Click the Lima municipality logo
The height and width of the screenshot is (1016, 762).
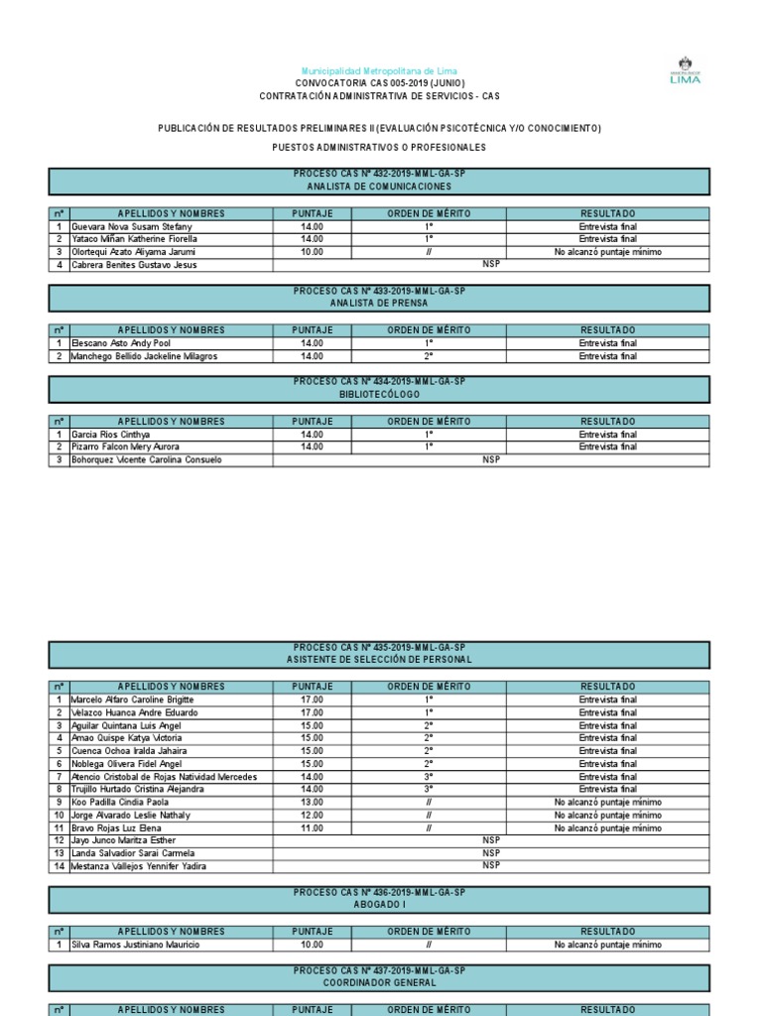[685, 70]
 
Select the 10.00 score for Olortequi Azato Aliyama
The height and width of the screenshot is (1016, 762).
[312, 252]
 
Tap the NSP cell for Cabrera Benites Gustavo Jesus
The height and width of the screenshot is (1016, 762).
[491, 265]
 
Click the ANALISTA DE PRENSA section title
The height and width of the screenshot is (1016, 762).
[379, 304]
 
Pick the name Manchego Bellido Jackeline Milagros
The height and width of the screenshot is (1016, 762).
[145, 356]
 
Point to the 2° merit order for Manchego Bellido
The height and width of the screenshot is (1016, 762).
[429, 356]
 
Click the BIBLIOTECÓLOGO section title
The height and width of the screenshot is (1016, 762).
[379, 395]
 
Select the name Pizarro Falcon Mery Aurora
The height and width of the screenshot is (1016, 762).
[126, 447]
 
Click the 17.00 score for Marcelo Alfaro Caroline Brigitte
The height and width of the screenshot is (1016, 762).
[312, 699]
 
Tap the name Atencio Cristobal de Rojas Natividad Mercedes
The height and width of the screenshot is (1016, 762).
[165, 777]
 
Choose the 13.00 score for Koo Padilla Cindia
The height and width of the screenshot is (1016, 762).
[312, 803]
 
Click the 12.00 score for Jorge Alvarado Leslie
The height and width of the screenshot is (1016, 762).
[312, 816]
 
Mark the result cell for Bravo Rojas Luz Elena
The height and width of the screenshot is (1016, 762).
[607, 828]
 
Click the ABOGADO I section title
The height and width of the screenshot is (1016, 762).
[379, 905]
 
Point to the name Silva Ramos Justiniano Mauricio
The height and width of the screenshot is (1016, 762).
[136, 946]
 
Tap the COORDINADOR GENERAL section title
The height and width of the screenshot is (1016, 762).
[379, 982]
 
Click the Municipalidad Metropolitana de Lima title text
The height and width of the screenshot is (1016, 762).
[379, 71]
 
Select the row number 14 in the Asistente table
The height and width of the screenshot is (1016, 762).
[59, 867]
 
